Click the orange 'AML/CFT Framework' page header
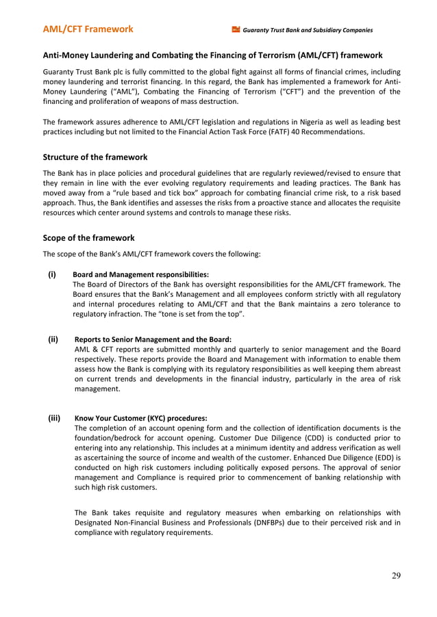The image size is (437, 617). click(x=88, y=29)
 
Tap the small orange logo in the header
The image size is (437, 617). click(x=236, y=29)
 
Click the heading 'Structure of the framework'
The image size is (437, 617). click(x=95, y=157)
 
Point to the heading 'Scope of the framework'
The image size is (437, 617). click(x=88, y=238)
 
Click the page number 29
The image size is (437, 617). click(x=396, y=575)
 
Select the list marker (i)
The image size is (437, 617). click(x=51, y=274)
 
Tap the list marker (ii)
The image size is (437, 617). click(x=53, y=339)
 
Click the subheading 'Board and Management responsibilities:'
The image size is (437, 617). click(x=140, y=274)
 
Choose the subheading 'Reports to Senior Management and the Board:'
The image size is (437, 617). click(x=153, y=339)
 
